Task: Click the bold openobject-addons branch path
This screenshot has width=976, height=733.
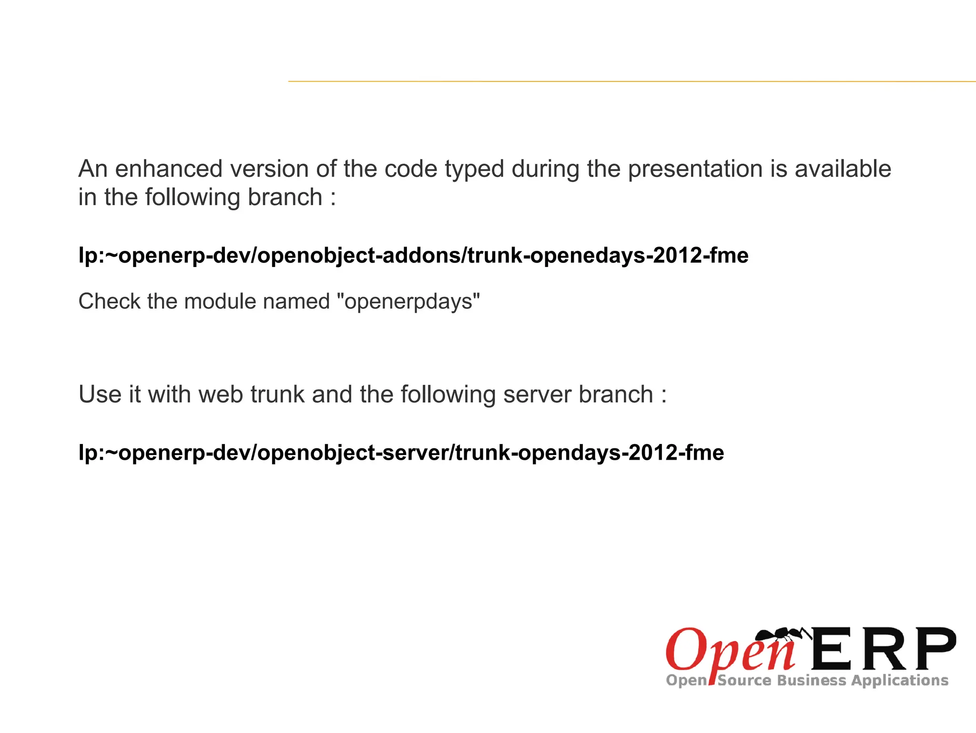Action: click(x=413, y=256)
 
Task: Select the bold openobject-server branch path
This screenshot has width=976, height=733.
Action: click(x=401, y=453)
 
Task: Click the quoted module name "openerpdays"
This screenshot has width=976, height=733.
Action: click(x=408, y=301)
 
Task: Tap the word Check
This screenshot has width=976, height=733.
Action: click(x=109, y=301)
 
